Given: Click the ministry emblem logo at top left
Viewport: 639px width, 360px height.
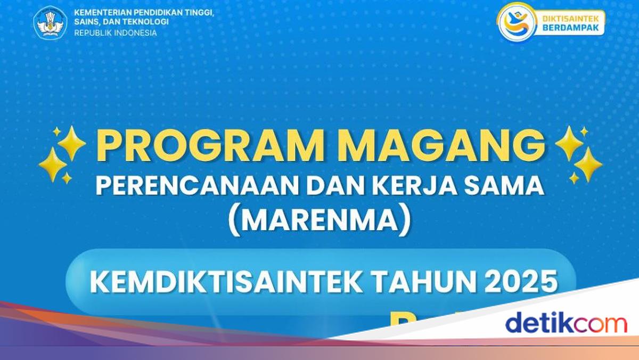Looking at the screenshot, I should coord(50,22).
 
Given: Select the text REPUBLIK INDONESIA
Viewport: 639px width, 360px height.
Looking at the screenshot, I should coord(116,33).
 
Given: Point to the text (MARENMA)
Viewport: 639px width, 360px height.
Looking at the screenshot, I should coord(319,220).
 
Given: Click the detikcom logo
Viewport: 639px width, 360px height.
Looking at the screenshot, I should coord(566,323).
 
